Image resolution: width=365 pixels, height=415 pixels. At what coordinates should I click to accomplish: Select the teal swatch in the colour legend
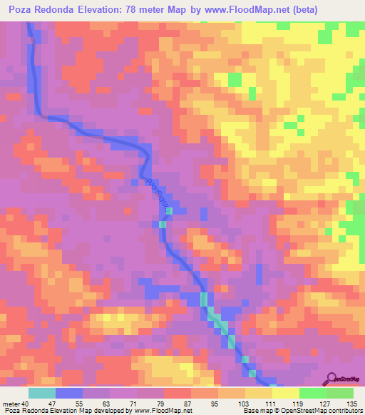(41, 393)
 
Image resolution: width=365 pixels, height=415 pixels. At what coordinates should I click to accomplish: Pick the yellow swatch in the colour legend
(258, 393)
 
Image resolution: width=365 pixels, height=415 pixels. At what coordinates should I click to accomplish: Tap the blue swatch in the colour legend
(68, 393)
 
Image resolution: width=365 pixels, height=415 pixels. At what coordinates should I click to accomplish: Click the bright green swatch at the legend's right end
(339, 393)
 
